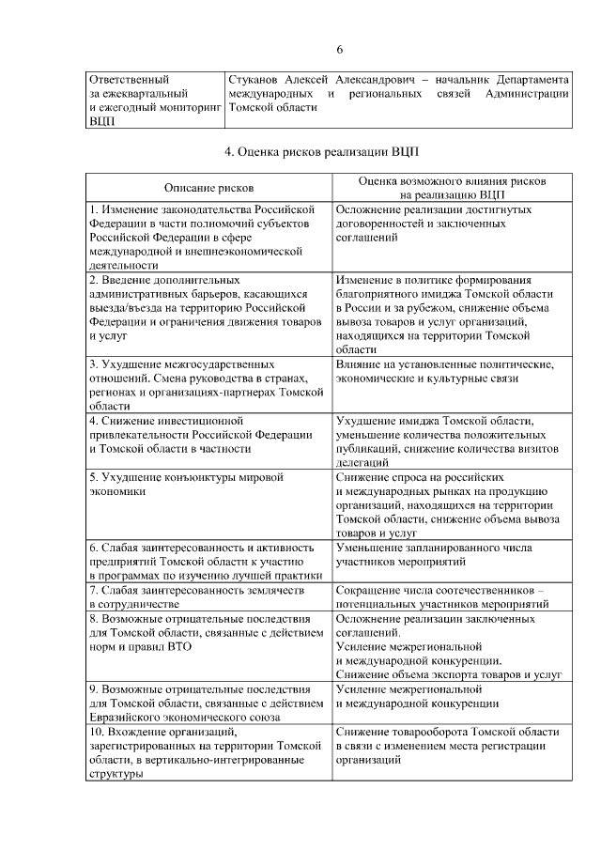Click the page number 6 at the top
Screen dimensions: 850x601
click(340, 50)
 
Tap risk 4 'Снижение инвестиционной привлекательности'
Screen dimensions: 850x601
click(201, 434)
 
